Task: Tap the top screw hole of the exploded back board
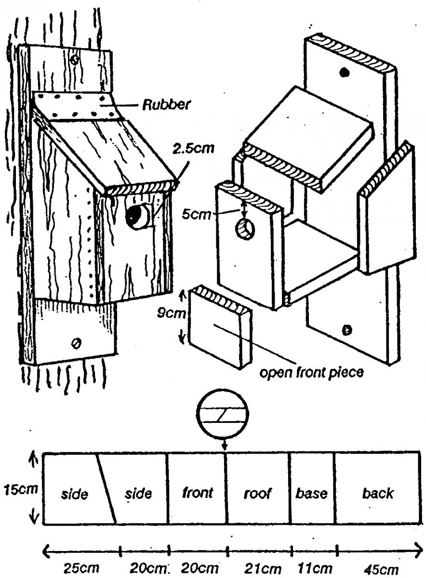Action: pos(344,72)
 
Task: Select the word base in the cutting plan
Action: pos(311,493)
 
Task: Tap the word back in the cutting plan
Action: pos(377,493)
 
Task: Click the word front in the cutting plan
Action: pos(198,493)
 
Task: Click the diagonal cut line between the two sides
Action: pos(107,487)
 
